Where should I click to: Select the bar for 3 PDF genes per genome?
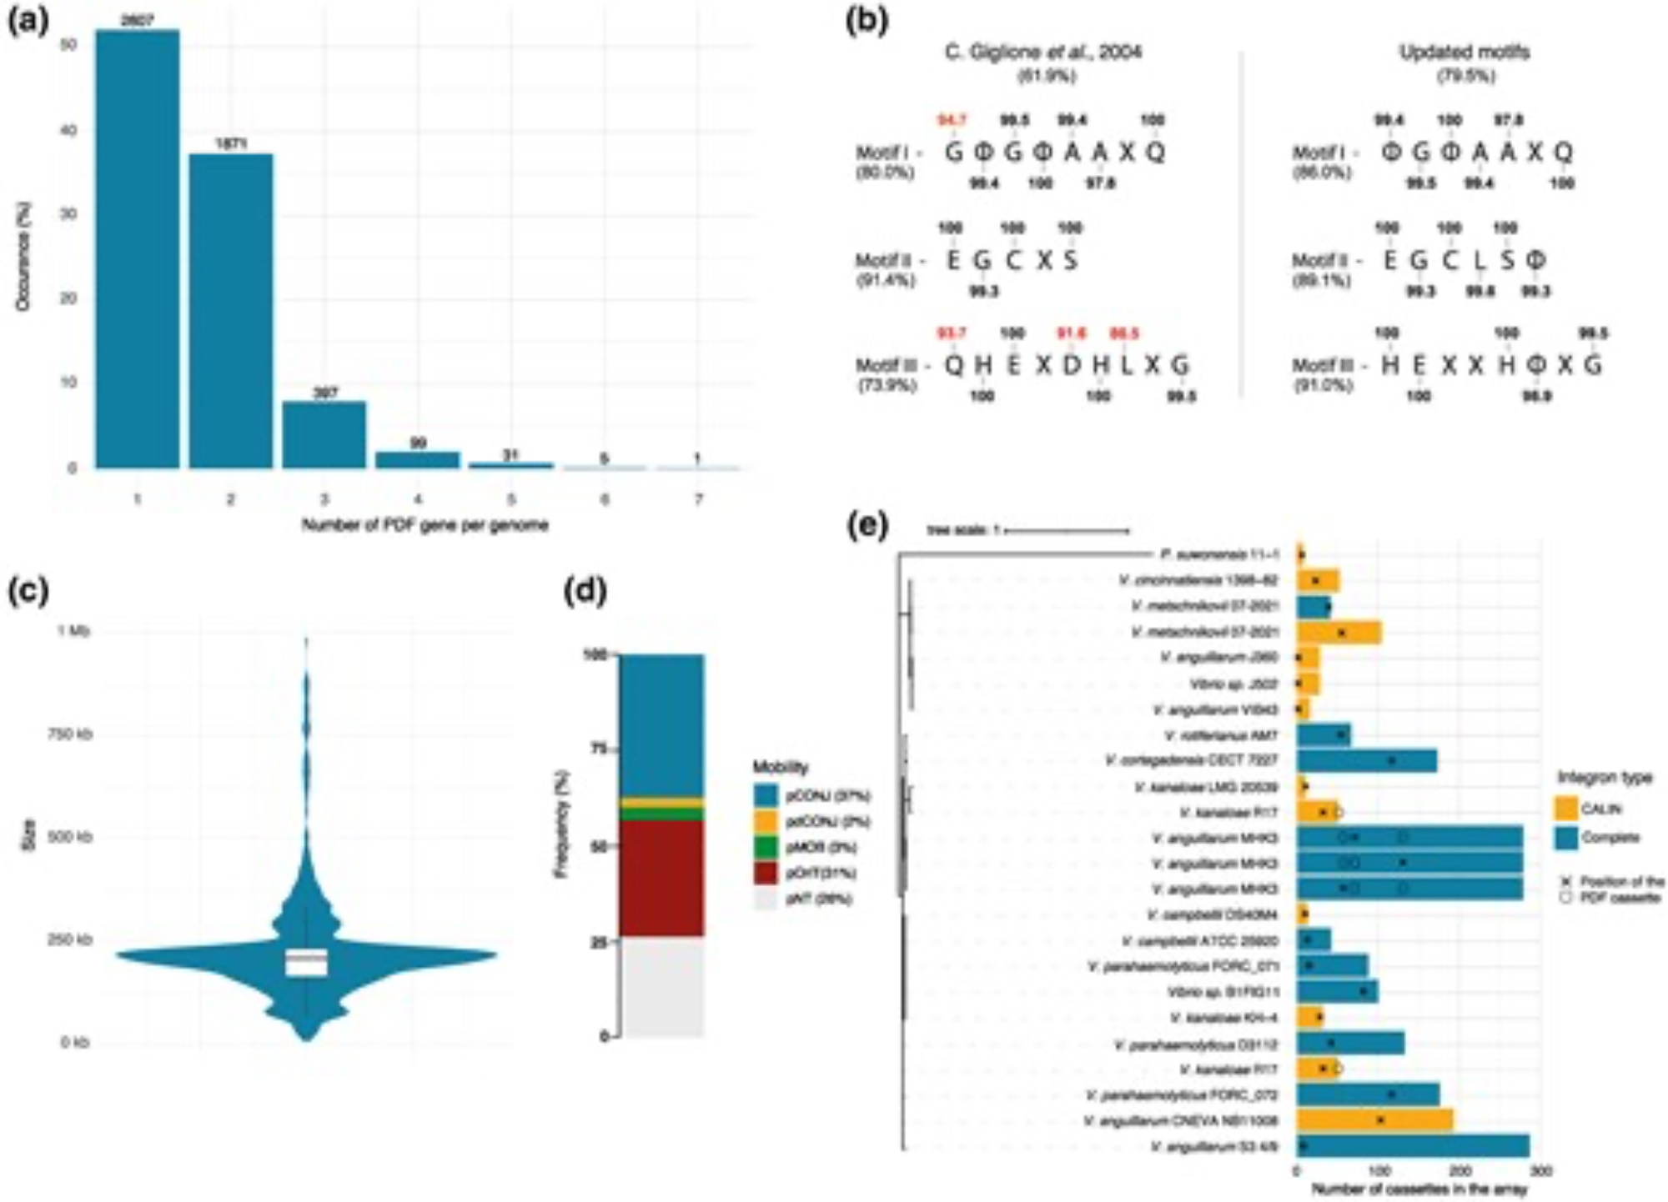pyautogui.click(x=324, y=434)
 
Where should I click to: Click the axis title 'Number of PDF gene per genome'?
pyautogui.click(x=425, y=525)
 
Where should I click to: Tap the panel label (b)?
pyautogui.click(x=867, y=20)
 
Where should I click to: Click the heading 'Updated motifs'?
pyautogui.click(x=1464, y=52)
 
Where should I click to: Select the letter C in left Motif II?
pyautogui.click(x=1013, y=260)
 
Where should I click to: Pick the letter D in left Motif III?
pyautogui.click(x=1071, y=365)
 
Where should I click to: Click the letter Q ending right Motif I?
pyautogui.click(x=1563, y=152)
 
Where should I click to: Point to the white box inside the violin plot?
pyautogui.click(x=306, y=961)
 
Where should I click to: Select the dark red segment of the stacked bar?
pyautogui.click(x=661, y=879)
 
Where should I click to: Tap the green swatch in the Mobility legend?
pyautogui.click(x=766, y=847)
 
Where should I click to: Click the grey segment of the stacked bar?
pyautogui.click(x=661, y=987)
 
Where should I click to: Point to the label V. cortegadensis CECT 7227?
pyautogui.click(x=1192, y=761)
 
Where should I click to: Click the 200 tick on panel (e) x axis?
pyautogui.click(x=1459, y=1171)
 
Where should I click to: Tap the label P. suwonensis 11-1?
pyautogui.click(x=1218, y=554)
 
